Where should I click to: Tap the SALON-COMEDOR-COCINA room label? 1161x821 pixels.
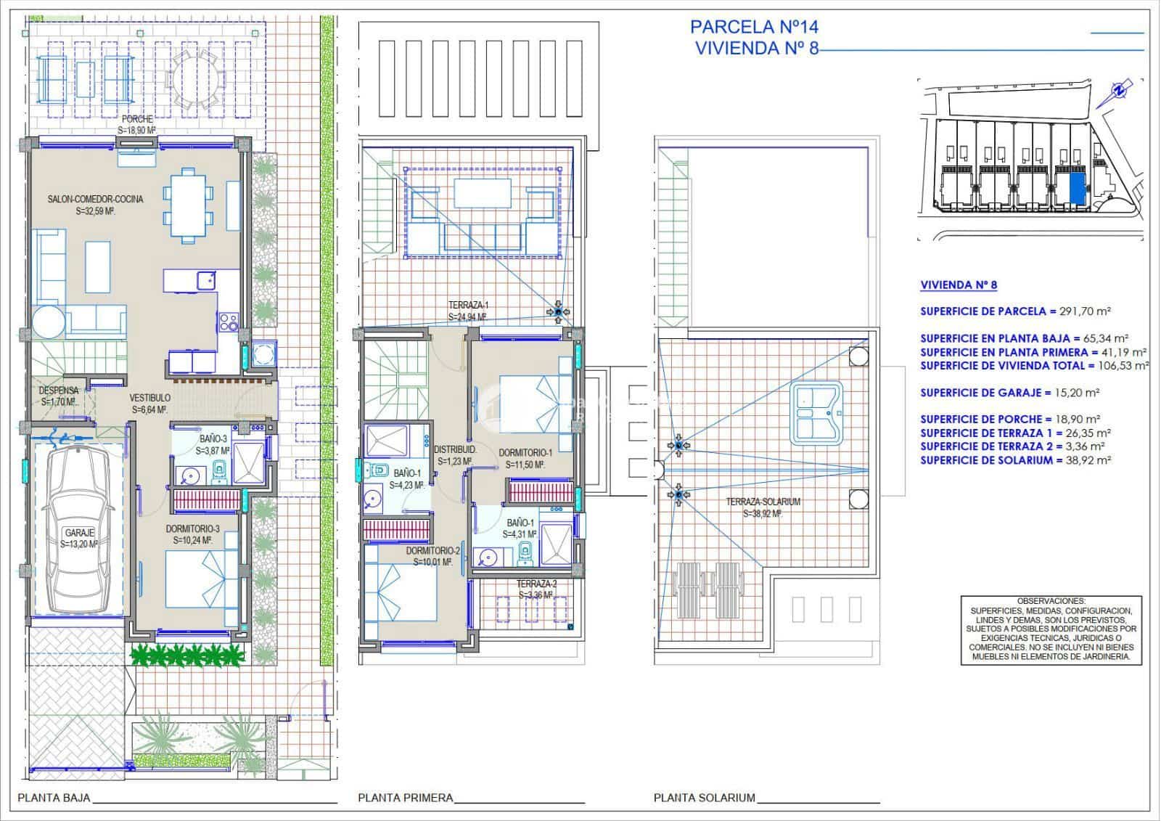95,199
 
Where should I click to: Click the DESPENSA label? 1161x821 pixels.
58,391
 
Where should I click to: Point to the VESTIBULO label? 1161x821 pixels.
150,398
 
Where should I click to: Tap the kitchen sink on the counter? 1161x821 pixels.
206,279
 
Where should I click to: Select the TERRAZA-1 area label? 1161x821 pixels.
468,306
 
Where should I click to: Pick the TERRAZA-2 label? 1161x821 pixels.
537,584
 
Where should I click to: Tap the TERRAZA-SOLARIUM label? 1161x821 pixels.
763,502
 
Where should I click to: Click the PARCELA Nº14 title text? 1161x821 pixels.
754,27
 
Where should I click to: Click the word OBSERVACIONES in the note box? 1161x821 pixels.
1051,601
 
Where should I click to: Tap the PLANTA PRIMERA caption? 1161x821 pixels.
405,798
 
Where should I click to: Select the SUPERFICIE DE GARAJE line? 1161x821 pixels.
1009,393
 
